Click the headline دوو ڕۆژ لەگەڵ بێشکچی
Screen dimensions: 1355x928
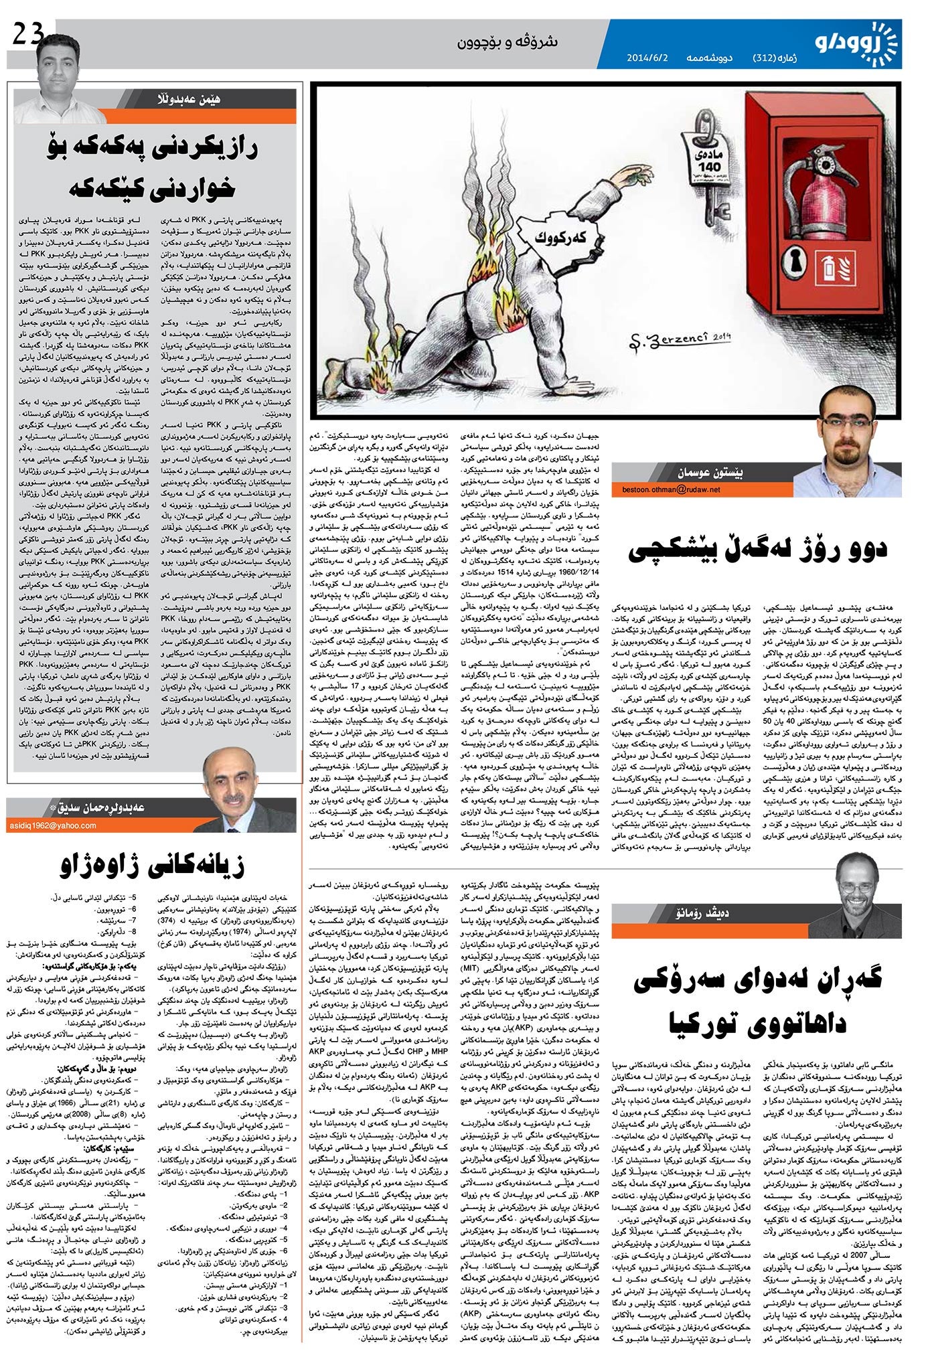[757, 549]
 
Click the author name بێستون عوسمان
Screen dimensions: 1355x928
[710, 471]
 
